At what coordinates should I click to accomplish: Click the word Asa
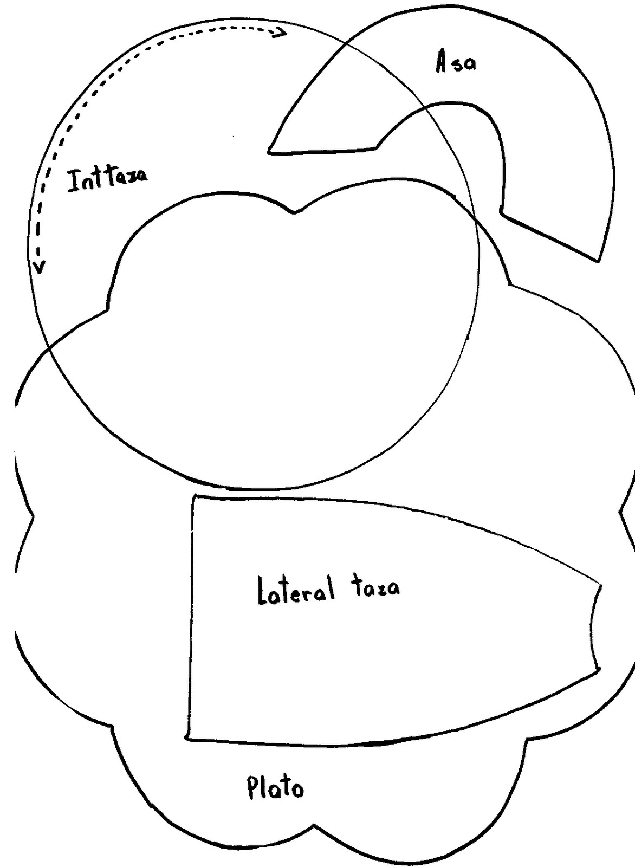456,63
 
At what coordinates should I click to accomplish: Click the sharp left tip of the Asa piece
269,151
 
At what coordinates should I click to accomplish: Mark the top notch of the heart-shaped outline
294,213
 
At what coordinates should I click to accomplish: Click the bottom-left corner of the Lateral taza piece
187,738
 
